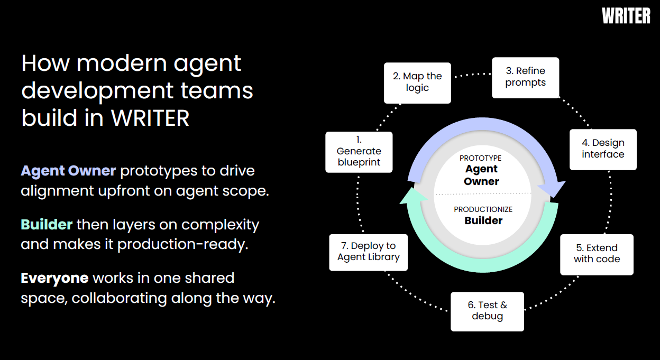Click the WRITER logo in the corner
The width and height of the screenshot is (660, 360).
(626, 16)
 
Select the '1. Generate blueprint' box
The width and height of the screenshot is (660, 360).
(359, 152)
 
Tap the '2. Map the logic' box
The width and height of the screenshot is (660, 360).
(417, 82)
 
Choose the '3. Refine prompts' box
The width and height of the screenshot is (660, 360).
(525, 77)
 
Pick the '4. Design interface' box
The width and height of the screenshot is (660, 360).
(603, 149)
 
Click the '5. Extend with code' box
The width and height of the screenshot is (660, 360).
(597, 254)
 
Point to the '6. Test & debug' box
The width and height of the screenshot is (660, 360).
(487, 311)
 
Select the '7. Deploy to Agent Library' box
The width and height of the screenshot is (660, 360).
(369, 252)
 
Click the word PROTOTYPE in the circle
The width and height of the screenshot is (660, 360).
(480, 158)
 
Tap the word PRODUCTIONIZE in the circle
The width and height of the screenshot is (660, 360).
(483, 209)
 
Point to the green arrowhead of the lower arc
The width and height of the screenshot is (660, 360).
(409, 197)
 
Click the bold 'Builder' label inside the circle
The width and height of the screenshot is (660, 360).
(483, 221)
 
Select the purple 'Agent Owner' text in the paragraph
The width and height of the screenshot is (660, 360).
(68, 171)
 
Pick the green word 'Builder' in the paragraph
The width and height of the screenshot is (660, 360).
(47, 225)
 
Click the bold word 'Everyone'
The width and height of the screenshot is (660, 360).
(54, 278)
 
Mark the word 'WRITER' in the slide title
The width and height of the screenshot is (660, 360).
(150, 118)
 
